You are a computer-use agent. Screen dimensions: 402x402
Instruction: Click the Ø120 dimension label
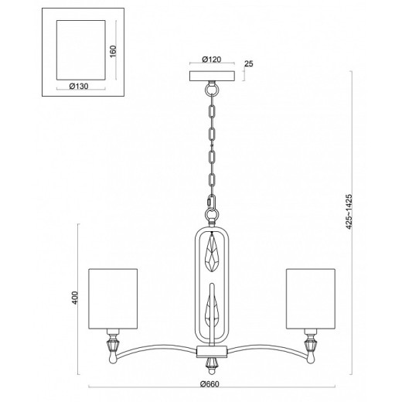[212, 60]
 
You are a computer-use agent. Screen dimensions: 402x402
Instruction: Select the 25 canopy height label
[249, 63]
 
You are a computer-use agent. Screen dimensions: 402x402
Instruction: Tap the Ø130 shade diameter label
[79, 86]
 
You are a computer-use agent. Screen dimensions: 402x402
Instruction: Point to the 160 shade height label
[113, 52]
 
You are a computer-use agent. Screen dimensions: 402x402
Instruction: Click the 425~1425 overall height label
[349, 211]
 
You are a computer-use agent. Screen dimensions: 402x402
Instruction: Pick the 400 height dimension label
[74, 298]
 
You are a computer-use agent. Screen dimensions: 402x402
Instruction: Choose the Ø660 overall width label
[210, 384]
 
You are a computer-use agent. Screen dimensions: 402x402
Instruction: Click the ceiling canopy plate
[212, 76]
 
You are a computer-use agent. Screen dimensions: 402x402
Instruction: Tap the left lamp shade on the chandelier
[113, 299]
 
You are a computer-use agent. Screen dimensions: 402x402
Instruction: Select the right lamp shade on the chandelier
[311, 299]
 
